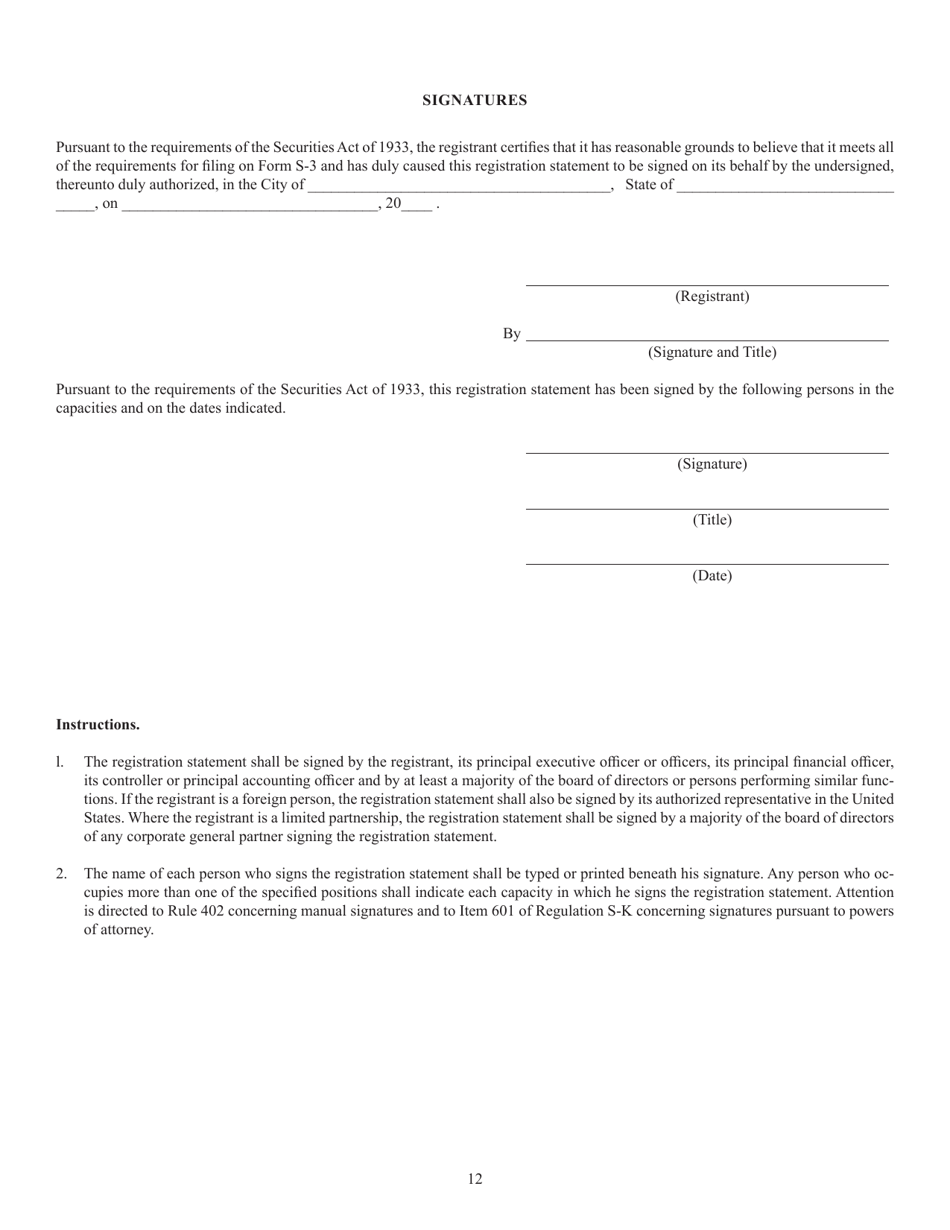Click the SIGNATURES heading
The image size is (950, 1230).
click(474, 100)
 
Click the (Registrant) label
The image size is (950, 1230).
click(712, 296)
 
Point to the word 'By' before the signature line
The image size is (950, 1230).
click(511, 334)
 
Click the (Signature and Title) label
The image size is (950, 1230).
click(712, 352)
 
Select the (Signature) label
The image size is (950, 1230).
click(712, 464)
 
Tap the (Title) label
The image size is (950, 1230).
click(712, 520)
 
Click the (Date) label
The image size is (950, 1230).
click(712, 576)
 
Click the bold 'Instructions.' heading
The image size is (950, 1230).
click(98, 724)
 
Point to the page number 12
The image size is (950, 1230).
click(475, 1179)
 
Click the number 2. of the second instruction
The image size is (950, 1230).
click(62, 874)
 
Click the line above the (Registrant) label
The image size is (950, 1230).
click(707, 286)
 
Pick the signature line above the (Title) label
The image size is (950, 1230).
click(707, 509)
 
